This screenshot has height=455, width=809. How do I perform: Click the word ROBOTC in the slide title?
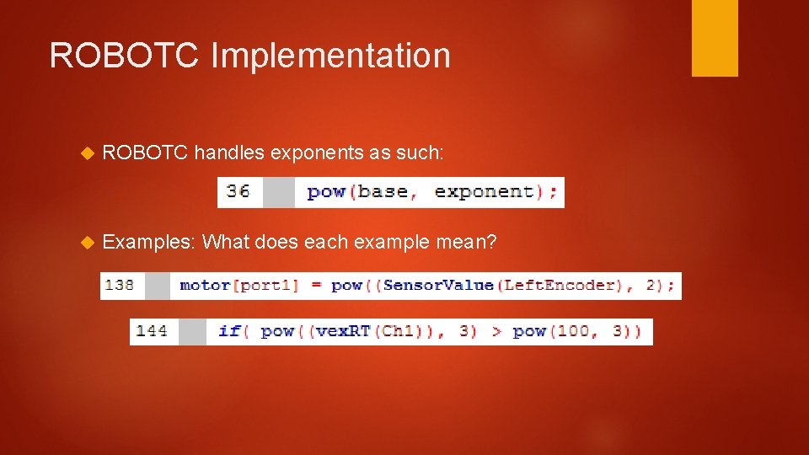[x=124, y=56]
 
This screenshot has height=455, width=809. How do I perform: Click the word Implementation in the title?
[x=330, y=56]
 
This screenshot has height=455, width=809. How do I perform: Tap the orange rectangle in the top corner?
[x=715, y=38]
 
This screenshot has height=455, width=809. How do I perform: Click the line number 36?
[x=238, y=191]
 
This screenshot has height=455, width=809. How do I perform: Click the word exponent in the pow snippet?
[x=484, y=191]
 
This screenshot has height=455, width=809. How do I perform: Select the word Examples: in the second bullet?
[x=149, y=243]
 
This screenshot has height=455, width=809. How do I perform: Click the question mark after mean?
[x=491, y=243]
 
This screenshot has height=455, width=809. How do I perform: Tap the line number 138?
[x=119, y=285]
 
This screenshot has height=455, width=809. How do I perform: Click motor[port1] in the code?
[x=239, y=285]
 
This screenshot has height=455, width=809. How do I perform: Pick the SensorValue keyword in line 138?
[x=438, y=285]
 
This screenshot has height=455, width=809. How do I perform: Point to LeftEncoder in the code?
[x=559, y=285]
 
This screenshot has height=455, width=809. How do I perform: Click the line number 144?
[x=151, y=330]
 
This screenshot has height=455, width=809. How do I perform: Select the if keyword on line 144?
[x=228, y=330]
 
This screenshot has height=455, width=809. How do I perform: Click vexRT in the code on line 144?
[x=345, y=330]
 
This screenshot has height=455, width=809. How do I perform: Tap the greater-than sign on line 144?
[x=496, y=330]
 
